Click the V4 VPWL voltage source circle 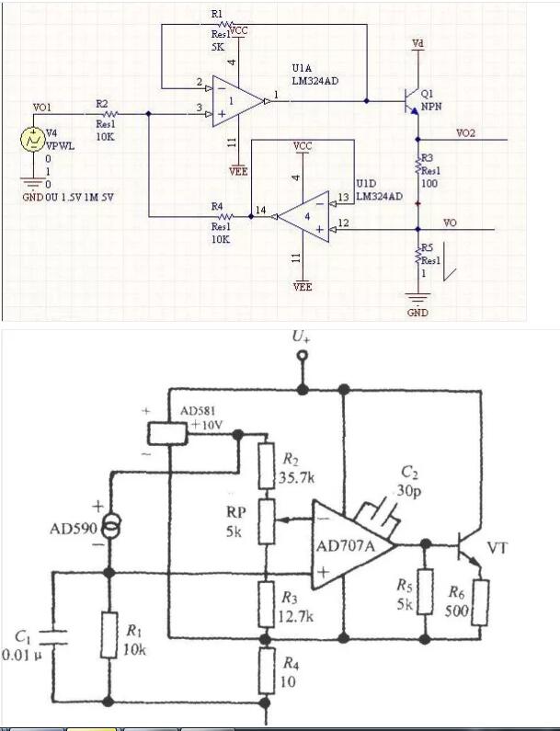click(x=30, y=140)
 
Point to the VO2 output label click(x=466, y=133)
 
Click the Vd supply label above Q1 click(x=418, y=44)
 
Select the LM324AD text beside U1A click(x=314, y=82)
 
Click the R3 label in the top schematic click(x=428, y=159)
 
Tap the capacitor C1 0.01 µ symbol click(x=51, y=636)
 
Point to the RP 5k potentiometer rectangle click(x=267, y=521)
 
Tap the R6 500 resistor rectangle click(x=480, y=604)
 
